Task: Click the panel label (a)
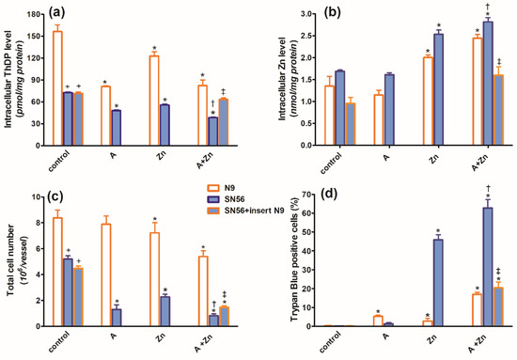tap(69, 14)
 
